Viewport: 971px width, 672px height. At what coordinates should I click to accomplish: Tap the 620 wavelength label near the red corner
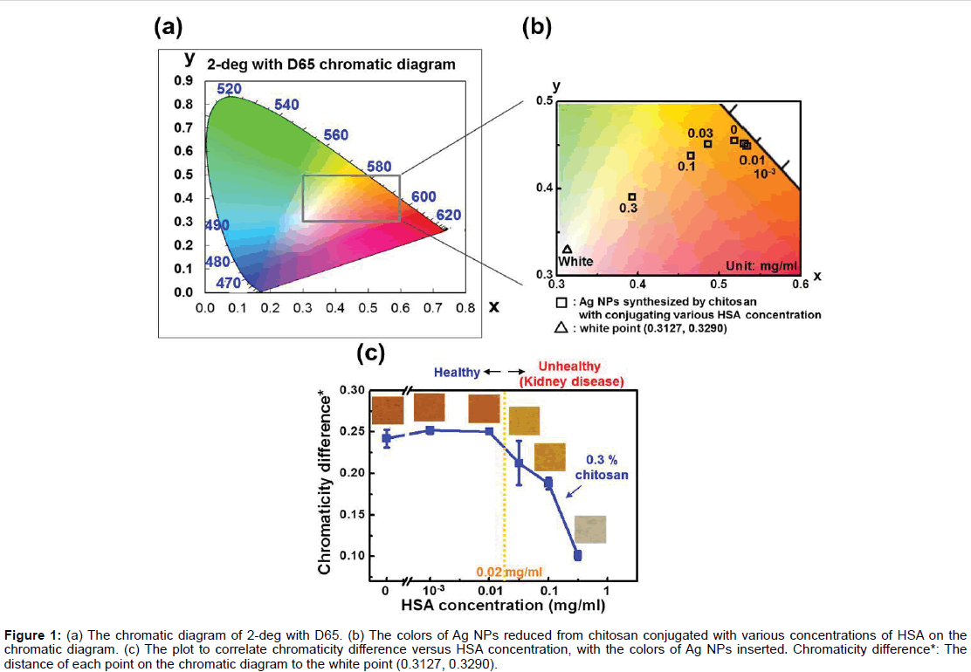click(x=448, y=216)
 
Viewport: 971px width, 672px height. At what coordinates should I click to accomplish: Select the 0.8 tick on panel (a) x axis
click(x=465, y=308)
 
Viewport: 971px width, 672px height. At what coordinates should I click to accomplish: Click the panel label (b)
click(x=537, y=27)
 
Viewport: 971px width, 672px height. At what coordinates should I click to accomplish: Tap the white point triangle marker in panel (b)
click(x=568, y=249)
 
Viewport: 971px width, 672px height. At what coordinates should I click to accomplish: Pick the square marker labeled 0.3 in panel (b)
click(x=632, y=197)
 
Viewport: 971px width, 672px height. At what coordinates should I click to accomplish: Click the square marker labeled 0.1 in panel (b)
click(x=691, y=156)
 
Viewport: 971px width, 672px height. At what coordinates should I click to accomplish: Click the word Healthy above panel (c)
click(x=457, y=373)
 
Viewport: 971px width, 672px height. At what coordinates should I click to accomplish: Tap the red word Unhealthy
click(x=569, y=367)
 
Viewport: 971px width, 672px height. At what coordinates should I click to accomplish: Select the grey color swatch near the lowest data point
click(x=590, y=530)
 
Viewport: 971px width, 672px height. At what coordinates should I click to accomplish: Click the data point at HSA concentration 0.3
click(x=577, y=555)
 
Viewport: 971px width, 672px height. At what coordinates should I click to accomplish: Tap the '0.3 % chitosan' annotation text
click(x=600, y=466)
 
